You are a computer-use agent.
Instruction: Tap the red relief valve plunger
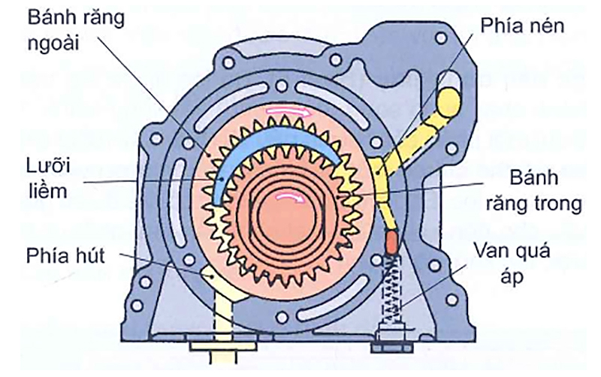(390, 242)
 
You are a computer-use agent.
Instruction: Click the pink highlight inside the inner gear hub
(287, 196)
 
